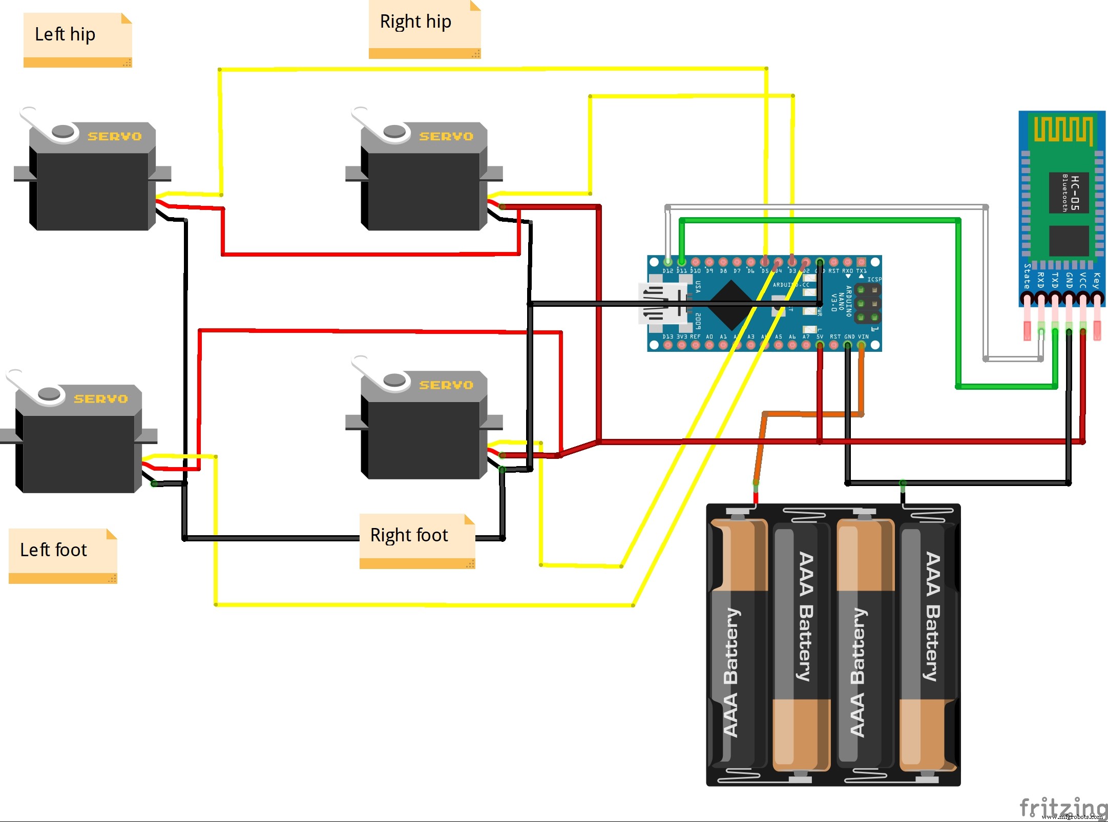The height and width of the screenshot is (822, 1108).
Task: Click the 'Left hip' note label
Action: tap(65, 34)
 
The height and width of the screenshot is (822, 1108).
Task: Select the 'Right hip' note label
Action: tap(415, 22)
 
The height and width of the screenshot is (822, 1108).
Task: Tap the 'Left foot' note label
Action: tap(53, 550)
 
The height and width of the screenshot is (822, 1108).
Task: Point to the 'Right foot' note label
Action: tap(409, 535)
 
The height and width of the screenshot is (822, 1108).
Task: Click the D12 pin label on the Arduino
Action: tap(667, 271)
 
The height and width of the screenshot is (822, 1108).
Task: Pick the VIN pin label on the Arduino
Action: tap(863, 336)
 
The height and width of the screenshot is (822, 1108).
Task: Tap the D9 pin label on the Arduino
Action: tap(709, 271)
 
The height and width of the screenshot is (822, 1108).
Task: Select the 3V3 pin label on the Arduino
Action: tap(682, 336)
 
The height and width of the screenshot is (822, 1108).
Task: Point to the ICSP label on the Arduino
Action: tap(874, 279)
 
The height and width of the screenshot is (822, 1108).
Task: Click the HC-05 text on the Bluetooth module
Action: tap(1075, 193)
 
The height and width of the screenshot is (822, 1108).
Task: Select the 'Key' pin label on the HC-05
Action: tap(1096, 280)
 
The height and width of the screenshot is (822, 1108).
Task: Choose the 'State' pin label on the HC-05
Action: tap(1027, 277)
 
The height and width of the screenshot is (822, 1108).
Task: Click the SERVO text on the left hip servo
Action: tap(114, 136)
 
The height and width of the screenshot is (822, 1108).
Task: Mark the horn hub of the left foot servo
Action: tap(49, 393)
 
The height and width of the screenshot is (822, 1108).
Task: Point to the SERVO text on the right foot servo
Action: tap(446, 385)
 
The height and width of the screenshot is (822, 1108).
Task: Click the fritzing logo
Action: tap(1063, 808)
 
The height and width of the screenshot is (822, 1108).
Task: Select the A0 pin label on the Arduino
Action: tap(709, 336)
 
